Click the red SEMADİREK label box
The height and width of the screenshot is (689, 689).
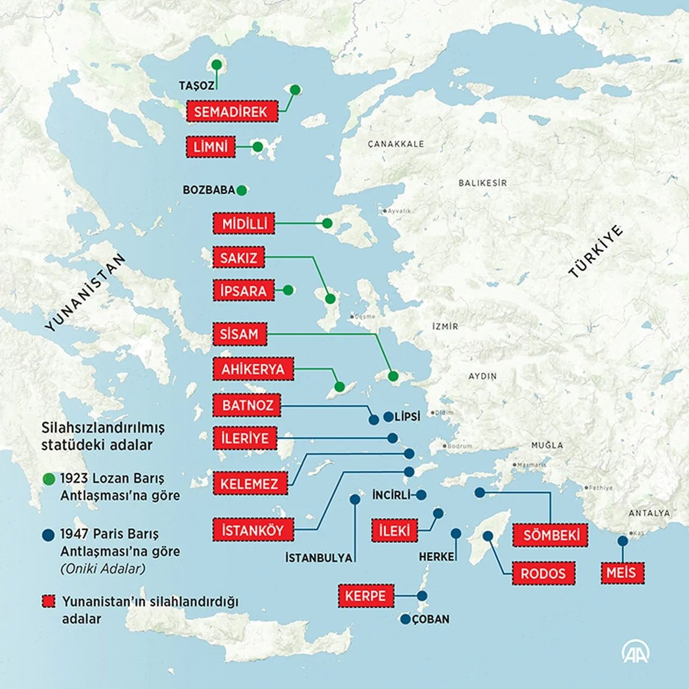coord(231,111)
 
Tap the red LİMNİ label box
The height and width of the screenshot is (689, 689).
coord(211,147)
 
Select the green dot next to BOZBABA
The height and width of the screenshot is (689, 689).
coord(242,190)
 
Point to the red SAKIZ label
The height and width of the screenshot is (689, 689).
coord(238,258)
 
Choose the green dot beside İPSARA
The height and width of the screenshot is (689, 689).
coord(288,290)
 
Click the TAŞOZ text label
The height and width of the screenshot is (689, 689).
coord(196,86)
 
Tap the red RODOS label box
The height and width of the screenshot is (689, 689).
coord(543,573)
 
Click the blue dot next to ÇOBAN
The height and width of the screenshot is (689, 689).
coord(405,620)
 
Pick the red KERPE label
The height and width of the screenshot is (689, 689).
coord(365,596)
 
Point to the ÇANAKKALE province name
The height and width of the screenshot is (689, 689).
coord(396,144)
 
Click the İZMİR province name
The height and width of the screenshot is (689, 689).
coord(445,326)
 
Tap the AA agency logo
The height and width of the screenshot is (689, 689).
coord(636,652)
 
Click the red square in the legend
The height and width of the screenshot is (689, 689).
coord(49,601)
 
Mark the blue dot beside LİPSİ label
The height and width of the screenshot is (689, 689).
coord(388,417)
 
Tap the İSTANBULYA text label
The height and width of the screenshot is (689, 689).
coord(319,558)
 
